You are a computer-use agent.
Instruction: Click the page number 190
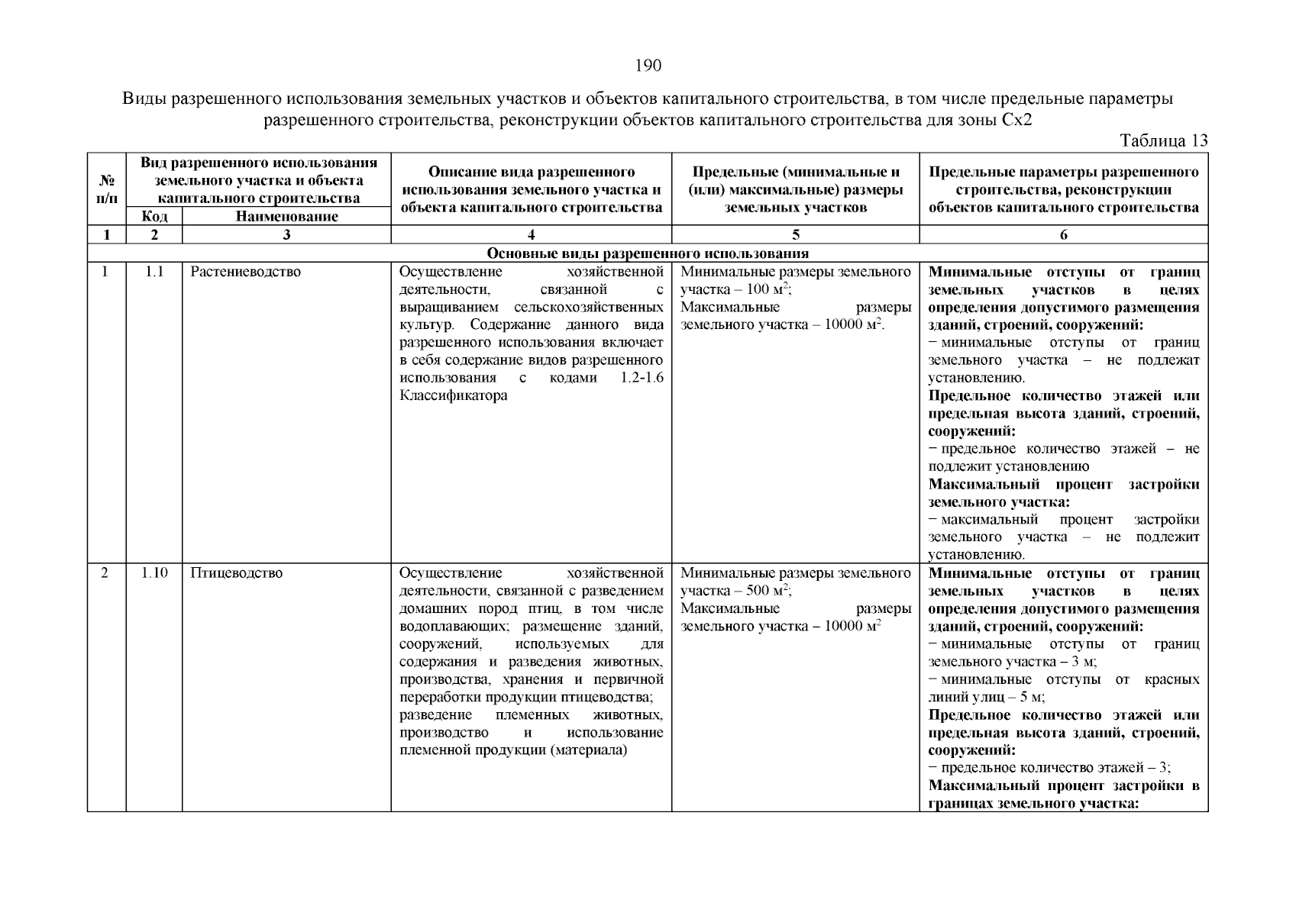tap(648, 66)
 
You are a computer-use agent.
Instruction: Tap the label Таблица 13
tap(1163, 140)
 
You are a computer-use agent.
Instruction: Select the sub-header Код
tap(154, 217)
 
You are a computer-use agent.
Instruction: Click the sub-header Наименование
tap(286, 217)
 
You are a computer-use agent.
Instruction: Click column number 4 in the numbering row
tap(531, 235)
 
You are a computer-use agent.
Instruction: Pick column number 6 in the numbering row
tap(1063, 235)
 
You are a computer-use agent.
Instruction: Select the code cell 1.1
tap(154, 273)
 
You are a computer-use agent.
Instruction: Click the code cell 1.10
tap(154, 573)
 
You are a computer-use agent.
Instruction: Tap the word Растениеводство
tap(245, 273)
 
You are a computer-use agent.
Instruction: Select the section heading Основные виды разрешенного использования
tap(648, 253)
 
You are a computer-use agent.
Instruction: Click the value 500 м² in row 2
tap(768, 591)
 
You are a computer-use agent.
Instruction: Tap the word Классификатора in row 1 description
tap(453, 396)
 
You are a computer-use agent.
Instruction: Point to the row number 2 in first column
tap(105, 573)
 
